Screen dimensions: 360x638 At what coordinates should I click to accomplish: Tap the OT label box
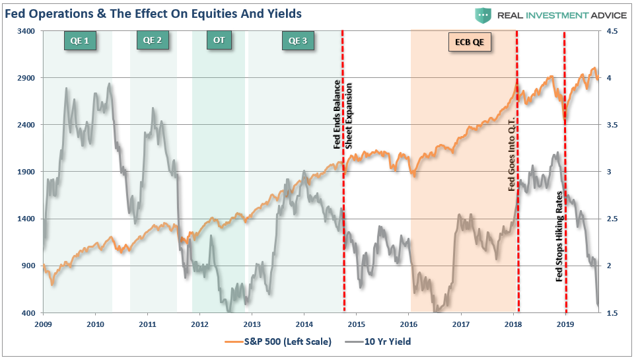click(219, 41)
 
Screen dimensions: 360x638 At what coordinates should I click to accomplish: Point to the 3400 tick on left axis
click(26, 31)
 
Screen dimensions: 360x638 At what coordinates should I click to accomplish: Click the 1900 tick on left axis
click(26, 172)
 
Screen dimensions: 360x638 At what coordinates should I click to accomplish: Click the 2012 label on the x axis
click(199, 324)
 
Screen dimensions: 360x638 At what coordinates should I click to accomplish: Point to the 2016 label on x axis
click(409, 324)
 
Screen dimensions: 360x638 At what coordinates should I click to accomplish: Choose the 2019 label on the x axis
click(565, 324)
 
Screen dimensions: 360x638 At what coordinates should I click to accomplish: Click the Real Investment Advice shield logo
click(483, 15)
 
